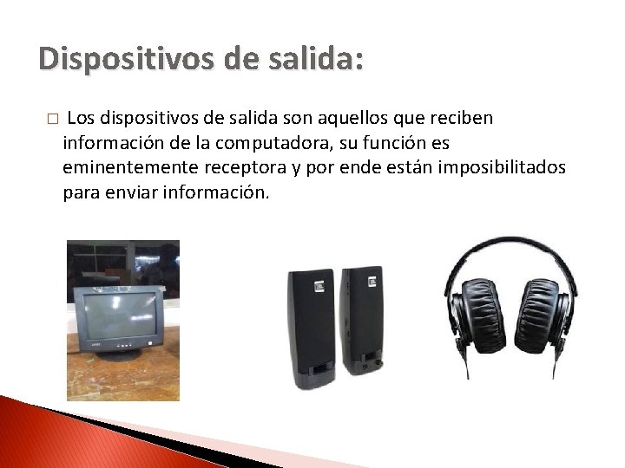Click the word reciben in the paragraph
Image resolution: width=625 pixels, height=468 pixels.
(x=462, y=117)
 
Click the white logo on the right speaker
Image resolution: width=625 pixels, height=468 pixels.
(x=372, y=283)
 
